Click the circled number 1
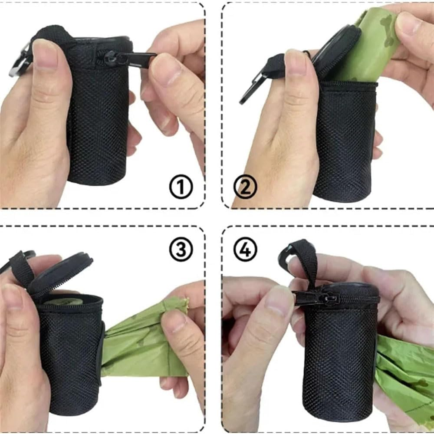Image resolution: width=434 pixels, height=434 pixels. click(181, 187)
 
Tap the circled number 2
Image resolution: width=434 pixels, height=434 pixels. click(245, 187)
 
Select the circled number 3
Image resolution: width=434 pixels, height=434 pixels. click(181, 250)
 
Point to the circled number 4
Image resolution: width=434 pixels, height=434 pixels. click(245, 250)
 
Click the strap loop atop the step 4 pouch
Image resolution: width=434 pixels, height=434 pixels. click(304, 260)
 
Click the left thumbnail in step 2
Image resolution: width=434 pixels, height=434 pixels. click(296, 63)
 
